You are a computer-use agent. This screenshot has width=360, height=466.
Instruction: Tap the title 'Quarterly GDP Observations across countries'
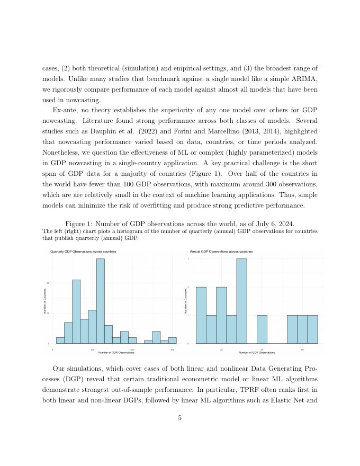83,252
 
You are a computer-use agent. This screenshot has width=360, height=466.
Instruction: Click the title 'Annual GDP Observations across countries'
221,252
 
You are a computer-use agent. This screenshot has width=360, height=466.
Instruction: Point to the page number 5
180,418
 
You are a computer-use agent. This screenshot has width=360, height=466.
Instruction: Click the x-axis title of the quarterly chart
116,353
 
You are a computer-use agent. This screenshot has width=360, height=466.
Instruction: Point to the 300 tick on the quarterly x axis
172,349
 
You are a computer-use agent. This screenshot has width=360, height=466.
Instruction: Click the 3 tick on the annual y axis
188,259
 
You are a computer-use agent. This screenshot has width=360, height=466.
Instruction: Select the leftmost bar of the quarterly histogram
60,340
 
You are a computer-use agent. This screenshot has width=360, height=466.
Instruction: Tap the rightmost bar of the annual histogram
312,329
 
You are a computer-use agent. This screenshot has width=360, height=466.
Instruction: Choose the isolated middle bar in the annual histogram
262,329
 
